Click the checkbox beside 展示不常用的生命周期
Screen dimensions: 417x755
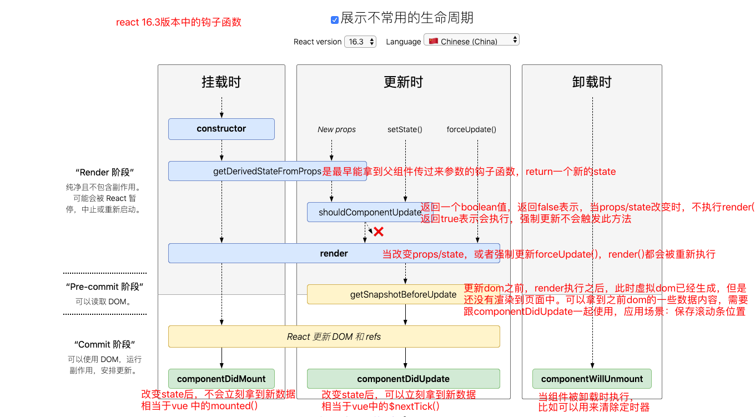click(335, 19)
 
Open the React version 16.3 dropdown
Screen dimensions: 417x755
click(360, 42)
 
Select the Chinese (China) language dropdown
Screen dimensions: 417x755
click(471, 41)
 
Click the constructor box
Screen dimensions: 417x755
click(222, 129)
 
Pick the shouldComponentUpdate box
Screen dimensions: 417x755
click(370, 212)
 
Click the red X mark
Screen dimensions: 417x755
click(379, 232)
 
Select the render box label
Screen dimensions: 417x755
click(334, 253)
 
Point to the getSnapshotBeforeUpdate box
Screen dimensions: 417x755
click(403, 294)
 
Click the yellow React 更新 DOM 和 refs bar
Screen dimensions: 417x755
click(334, 336)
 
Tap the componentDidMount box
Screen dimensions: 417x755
click(222, 379)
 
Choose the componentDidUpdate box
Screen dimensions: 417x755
click(403, 379)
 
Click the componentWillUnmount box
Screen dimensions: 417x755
click(592, 379)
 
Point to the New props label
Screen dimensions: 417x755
click(336, 129)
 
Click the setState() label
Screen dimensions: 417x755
click(405, 129)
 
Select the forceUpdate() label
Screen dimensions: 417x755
click(471, 129)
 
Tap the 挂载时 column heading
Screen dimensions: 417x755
click(222, 82)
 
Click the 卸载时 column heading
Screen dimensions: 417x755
click(592, 82)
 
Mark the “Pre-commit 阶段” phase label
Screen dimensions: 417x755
click(105, 287)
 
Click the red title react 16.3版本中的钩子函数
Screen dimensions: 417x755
click(179, 22)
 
